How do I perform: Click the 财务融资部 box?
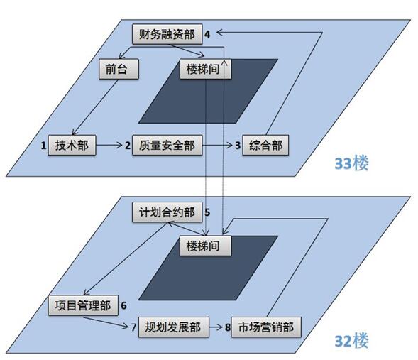click(167, 34)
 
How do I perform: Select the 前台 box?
click(119, 69)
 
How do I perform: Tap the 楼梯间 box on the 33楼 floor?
click(205, 69)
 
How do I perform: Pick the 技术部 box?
click(72, 145)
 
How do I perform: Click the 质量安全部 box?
click(167, 145)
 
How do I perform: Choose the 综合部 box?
click(265, 145)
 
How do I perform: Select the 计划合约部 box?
click(167, 212)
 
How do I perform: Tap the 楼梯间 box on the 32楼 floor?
click(205, 246)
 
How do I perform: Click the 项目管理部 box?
click(83, 305)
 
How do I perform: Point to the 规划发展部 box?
click(174, 327)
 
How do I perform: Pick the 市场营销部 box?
click(266, 327)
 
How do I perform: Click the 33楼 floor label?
click(351, 163)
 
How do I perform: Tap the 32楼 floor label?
click(351, 341)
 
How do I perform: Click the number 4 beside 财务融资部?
click(207, 34)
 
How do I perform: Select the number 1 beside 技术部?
click(43, 146)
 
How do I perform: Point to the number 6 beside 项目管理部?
click(123, 305)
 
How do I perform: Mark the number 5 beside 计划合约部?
click(207, 212)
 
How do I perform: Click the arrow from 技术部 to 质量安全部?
click(109, 145)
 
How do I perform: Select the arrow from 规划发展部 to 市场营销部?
click(216, 327)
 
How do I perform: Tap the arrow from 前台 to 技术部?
click(95, 107)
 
